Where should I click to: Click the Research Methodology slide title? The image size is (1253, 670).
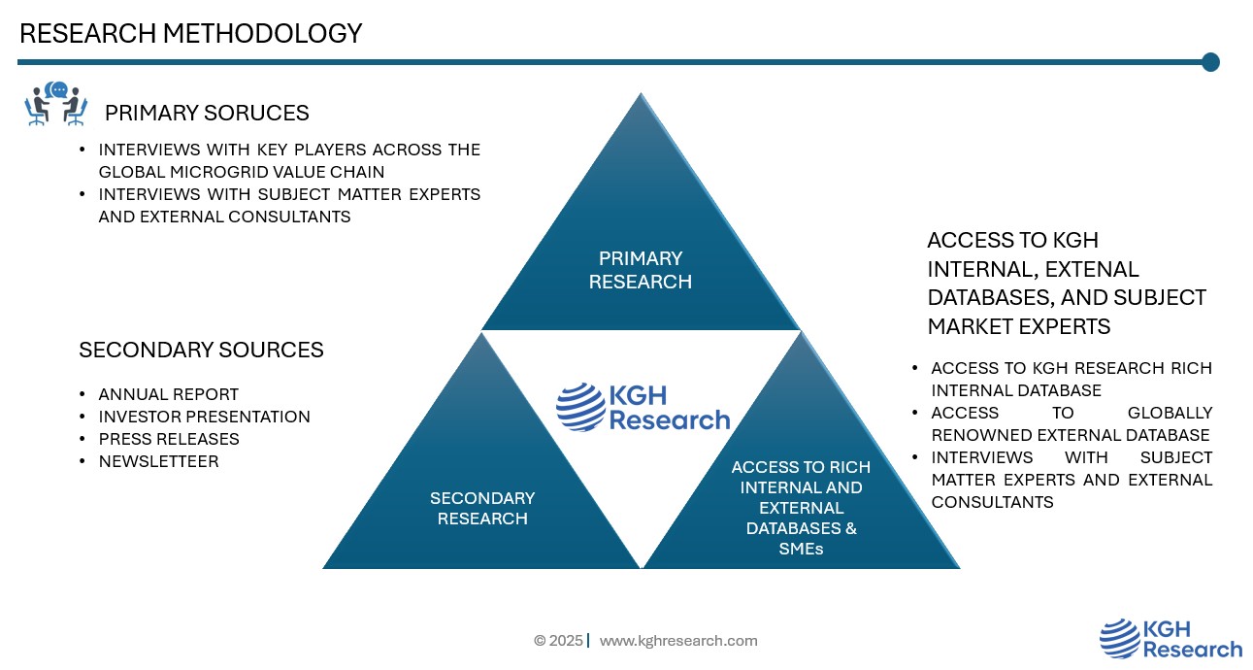pos(190,34)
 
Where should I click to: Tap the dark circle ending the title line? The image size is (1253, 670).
pos(1210,62)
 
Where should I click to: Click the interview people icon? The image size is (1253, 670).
pos(55,105)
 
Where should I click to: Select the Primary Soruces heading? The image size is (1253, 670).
pos(207,113)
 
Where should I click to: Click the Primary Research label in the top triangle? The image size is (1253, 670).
pos(641,270)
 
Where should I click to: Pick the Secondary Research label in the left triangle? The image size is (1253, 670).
pos(482,508)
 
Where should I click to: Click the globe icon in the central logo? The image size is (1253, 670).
pos(579,407)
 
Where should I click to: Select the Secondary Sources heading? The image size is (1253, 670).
pos(201,350)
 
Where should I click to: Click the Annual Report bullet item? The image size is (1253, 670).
pos(168,394)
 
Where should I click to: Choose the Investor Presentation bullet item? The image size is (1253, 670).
pos(204,417)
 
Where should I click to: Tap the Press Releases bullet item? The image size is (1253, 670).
pos(169,439)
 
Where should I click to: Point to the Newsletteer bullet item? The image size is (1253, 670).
pos(158,461)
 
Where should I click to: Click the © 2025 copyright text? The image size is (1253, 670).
pos(558,641)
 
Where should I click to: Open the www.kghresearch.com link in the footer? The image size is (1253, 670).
pos(678,641)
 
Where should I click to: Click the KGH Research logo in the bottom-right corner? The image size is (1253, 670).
pos(1171,639)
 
